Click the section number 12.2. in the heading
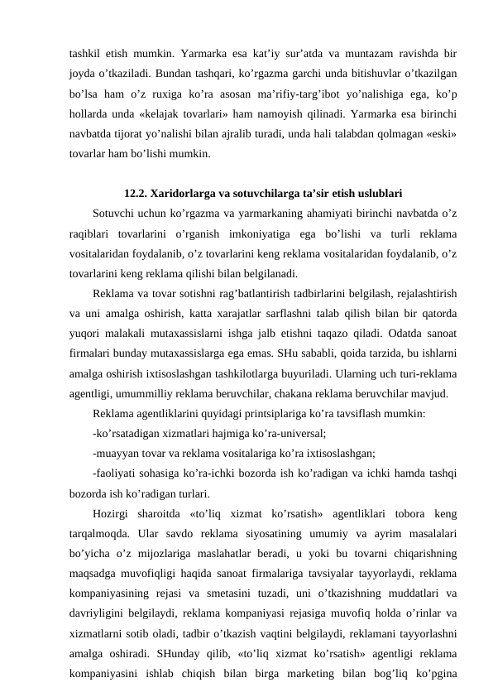point(137,196)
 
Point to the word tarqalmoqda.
point(100,541)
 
